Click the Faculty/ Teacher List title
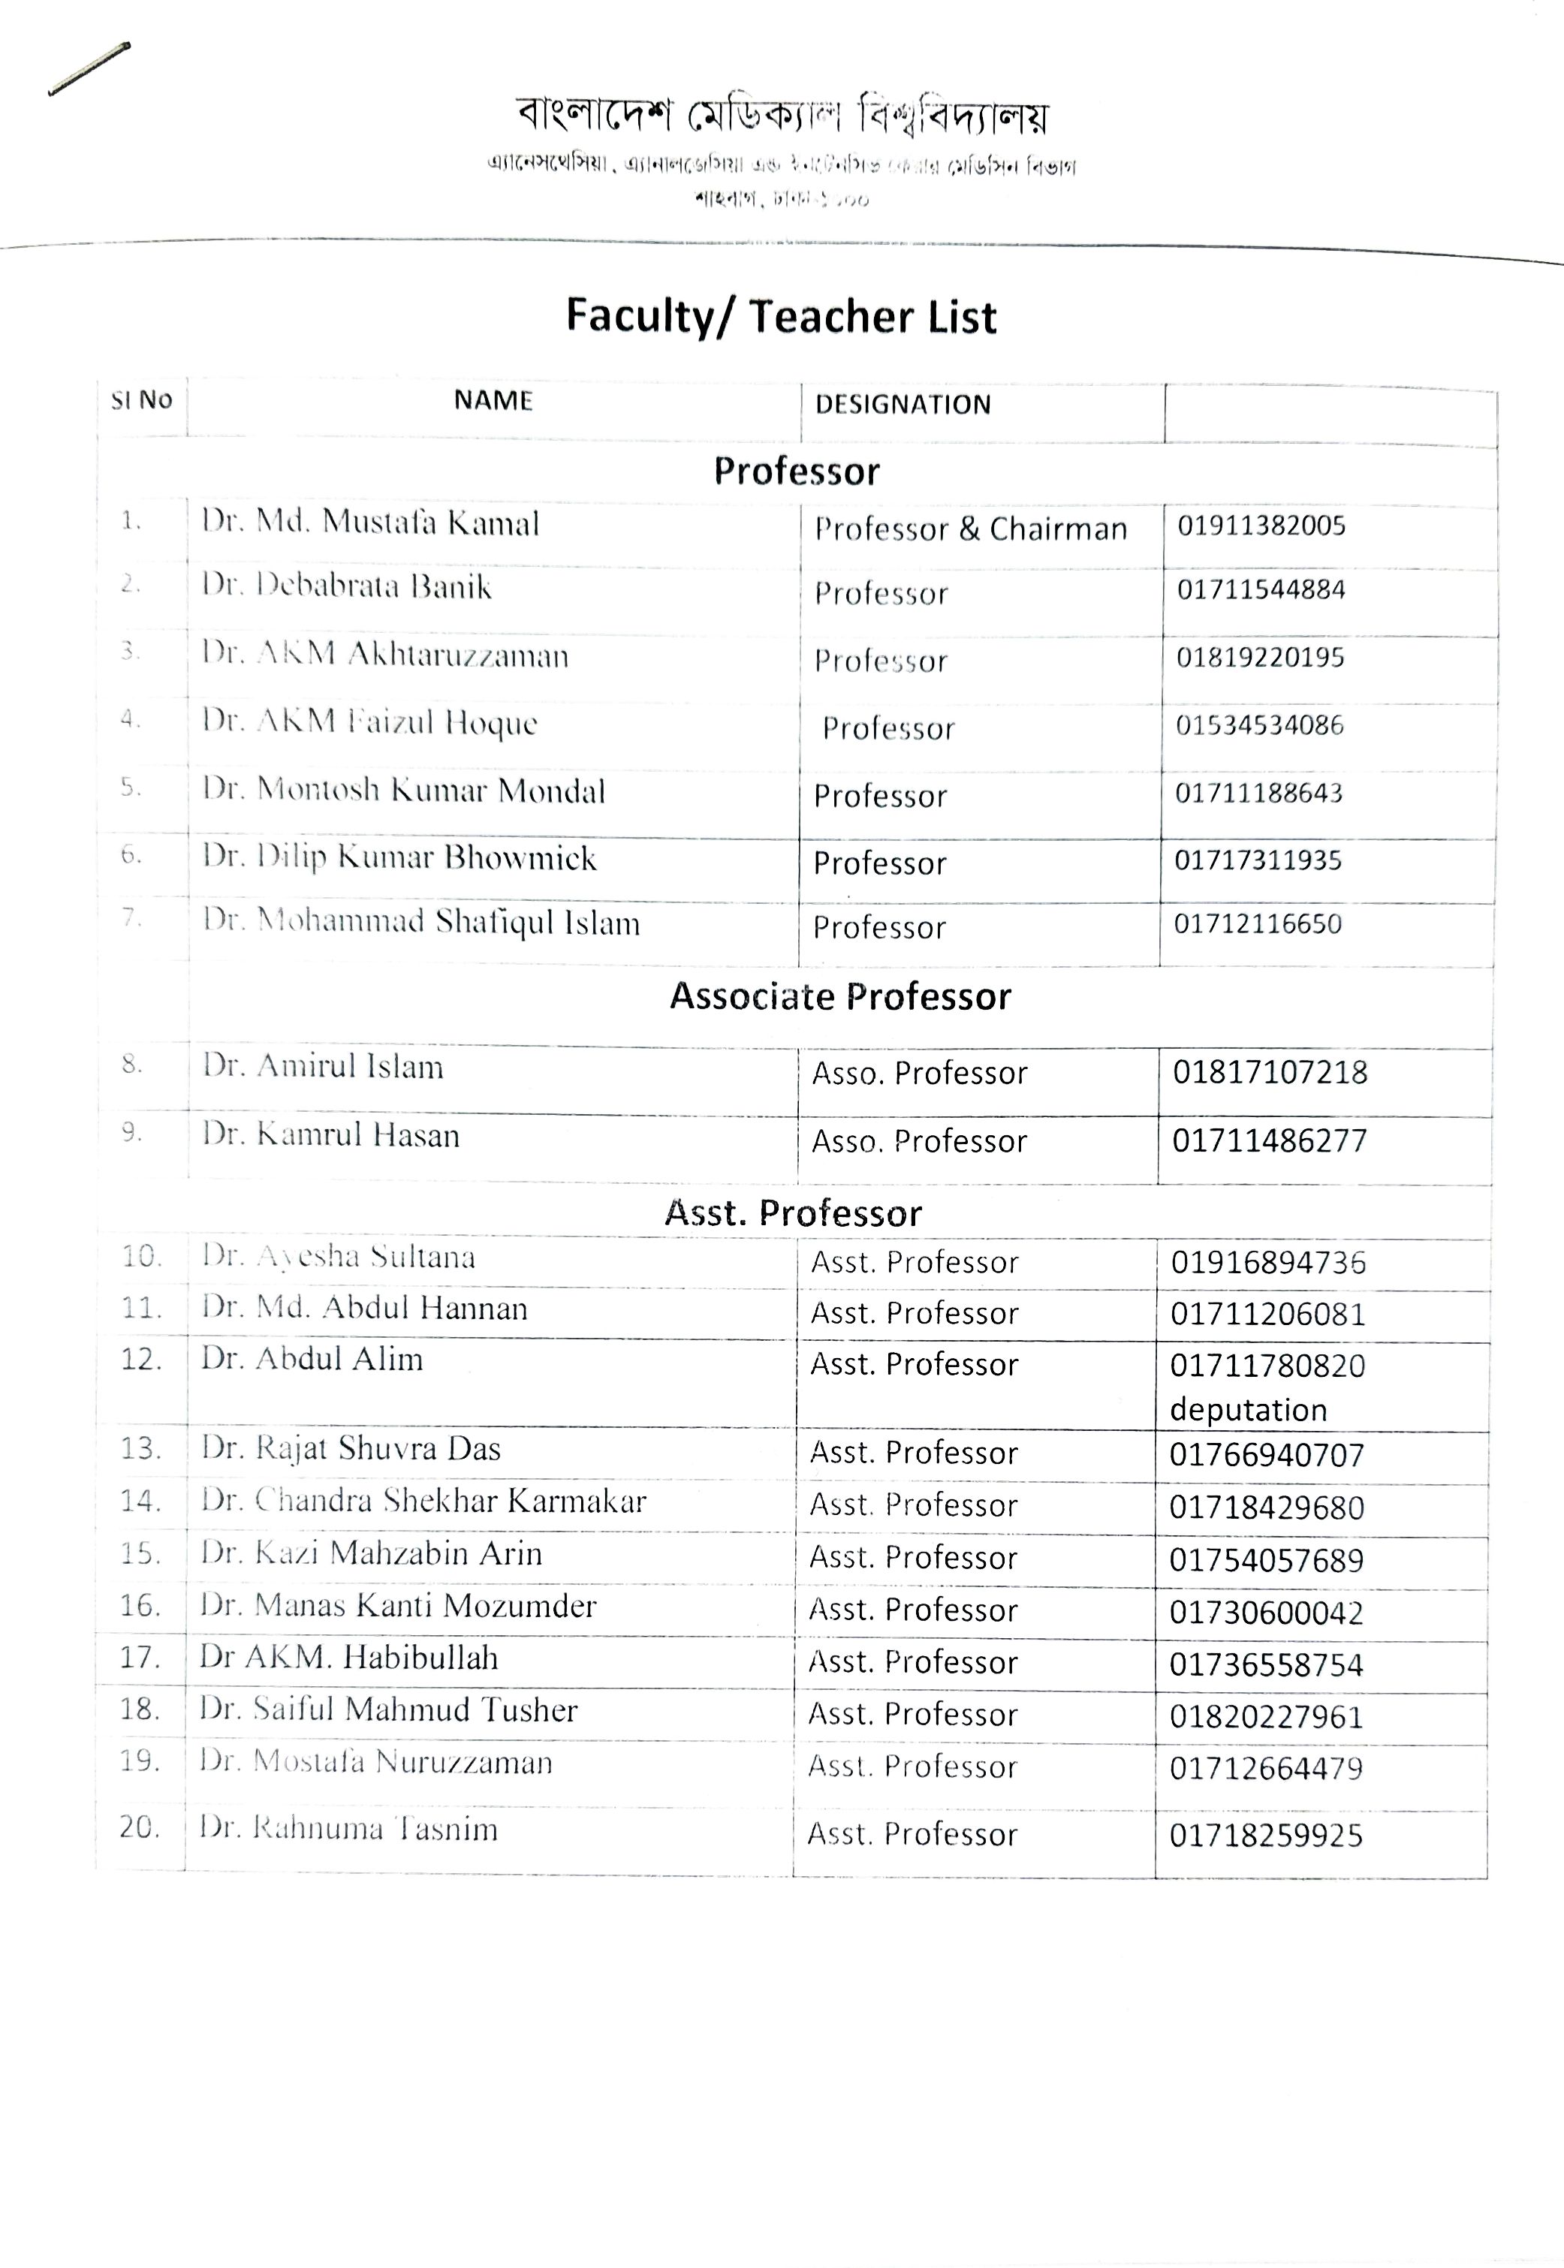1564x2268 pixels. [x=781, y=317]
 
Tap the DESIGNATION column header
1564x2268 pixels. [x=903, y=405]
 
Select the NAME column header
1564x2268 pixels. [x=493, y=401]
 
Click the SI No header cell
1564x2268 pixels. [x=141, y=399]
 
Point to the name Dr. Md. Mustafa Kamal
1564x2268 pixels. [x=370, y=523]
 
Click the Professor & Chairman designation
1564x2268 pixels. [x=970, y=529]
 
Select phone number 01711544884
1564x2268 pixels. [x=1261, y=590]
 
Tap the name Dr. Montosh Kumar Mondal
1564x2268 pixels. [x=404, y=790]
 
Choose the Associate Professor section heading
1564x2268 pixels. [x=840, y=996]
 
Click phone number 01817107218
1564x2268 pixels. [x=1270, y=1072]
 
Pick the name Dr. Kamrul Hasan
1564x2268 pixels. [x=331, y=1134]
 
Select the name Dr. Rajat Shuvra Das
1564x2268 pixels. [x=351, y=1448]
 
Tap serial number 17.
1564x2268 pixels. [x=139, y=1658]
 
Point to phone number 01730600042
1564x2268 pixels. [x=1266, y=1613]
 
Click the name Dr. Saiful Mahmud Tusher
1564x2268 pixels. [x=388, y=1709]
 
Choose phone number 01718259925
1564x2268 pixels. [x=1266, y=1835]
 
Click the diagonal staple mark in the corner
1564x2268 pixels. [x=88, y=68]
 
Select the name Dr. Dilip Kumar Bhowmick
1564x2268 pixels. [x=399, y=857]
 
